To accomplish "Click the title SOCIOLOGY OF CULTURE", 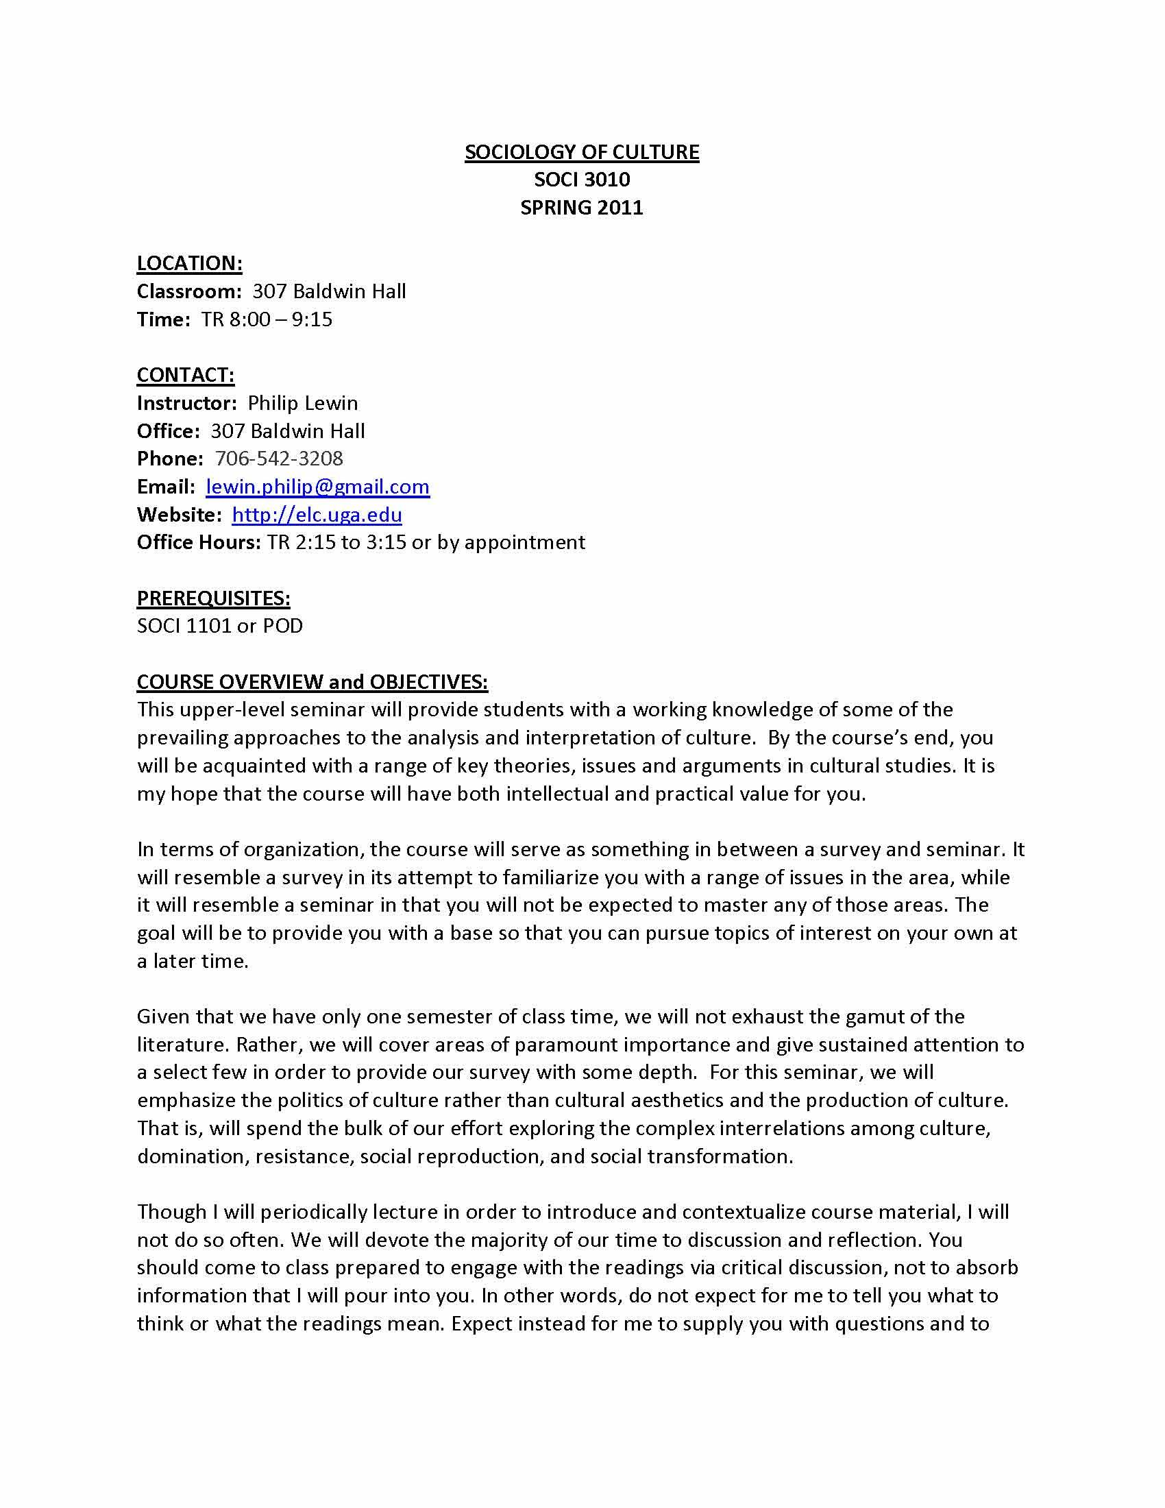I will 581,152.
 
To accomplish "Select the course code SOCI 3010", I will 581,180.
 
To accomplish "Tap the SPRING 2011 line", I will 581,207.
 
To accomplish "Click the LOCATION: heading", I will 189,263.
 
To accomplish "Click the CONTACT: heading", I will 185,375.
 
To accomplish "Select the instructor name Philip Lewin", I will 302,402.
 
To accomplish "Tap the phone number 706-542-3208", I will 279,459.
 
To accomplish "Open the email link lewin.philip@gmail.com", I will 317,487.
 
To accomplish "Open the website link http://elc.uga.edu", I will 317,514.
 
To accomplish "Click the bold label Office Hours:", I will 199,542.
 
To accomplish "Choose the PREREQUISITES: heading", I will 213,598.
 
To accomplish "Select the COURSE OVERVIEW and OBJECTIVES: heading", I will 312,681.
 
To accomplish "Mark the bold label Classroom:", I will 188,291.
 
